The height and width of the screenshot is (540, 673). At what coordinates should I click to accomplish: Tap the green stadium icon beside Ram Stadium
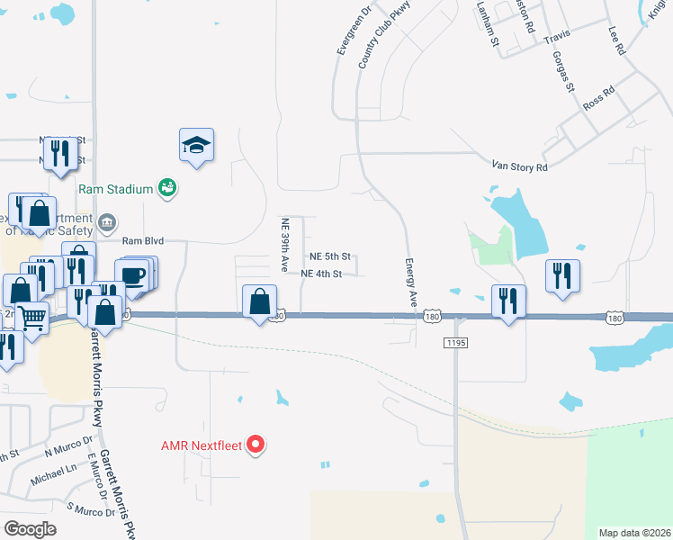click(166, 187)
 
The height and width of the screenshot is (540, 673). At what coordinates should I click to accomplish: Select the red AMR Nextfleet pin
click(256, 445)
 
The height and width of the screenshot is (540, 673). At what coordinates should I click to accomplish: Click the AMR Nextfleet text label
click(201, 445)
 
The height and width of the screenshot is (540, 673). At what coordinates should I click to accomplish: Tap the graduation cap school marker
click(196, 145)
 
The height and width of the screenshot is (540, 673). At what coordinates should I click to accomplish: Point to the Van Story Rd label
click(519, 166)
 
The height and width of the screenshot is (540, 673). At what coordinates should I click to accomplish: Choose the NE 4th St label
click(321, 274)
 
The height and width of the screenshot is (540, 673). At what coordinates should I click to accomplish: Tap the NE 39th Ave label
click(284, 246)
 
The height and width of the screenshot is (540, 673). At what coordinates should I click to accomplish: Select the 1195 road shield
click(455, 342)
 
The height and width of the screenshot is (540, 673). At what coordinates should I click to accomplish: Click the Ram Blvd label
click(143, 241)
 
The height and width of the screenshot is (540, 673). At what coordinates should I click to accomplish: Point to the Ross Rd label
click(598, 97)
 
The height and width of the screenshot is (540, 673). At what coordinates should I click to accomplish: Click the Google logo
click(30, 529)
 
